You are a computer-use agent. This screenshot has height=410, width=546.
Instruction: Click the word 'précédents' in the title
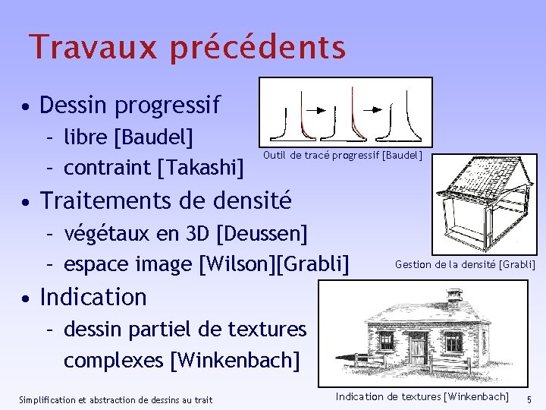[x=258, y=47]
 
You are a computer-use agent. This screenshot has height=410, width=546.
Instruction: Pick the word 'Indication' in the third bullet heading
[x=93, y=296]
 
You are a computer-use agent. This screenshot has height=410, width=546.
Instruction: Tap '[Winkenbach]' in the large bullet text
[x=235, y=359]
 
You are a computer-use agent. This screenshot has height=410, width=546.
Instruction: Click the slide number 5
[x=530, y=399]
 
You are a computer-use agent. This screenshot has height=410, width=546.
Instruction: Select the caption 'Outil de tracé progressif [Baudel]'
[x=342, y=156]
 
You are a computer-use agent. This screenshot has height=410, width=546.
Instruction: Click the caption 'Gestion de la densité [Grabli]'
[x=465, y=264]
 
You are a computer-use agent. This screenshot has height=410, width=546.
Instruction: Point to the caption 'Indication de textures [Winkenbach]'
[x=422, y=396]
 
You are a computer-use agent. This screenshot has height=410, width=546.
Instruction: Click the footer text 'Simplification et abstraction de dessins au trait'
[x=115, y=399]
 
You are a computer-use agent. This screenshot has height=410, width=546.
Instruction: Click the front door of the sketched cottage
[x=418, y=348]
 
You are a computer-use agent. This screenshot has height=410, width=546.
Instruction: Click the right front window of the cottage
[x=453, y=342]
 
